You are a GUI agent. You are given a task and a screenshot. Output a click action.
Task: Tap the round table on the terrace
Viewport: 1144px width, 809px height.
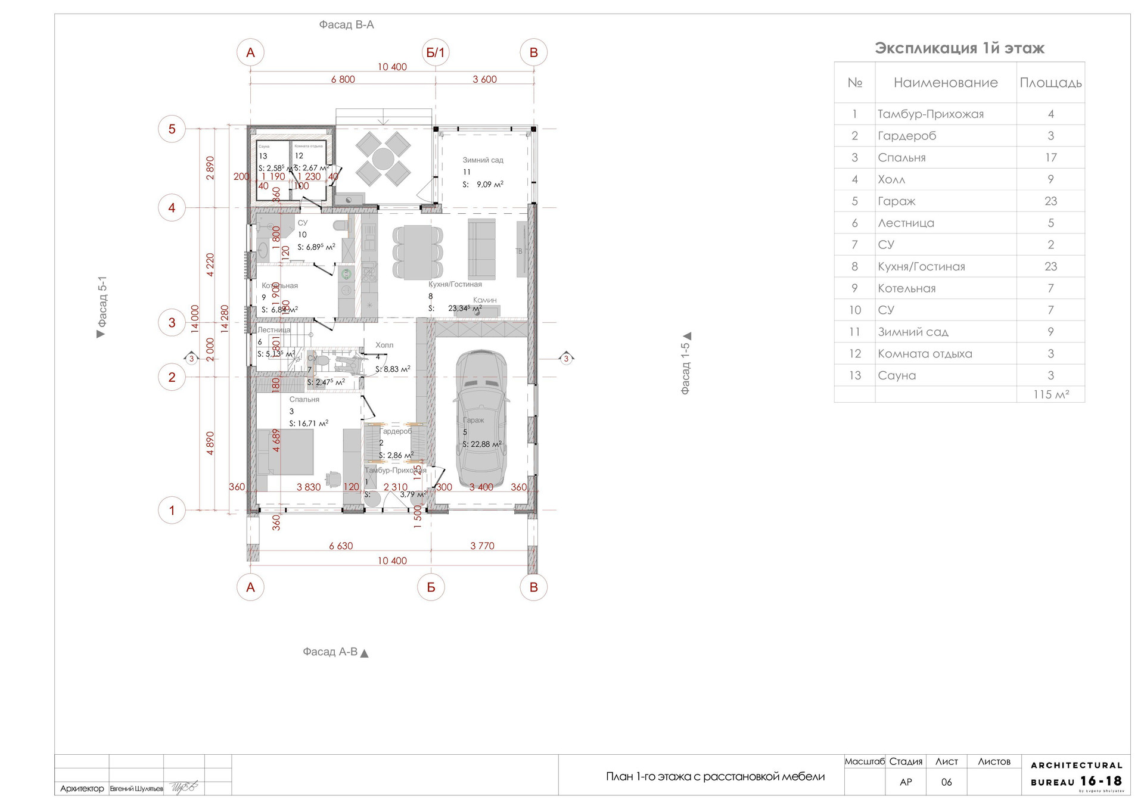coord(383,159)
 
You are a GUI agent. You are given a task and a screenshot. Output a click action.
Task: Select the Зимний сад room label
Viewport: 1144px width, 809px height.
coord(483,160)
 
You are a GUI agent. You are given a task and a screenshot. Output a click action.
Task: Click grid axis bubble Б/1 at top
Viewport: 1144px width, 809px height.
coord(436,52)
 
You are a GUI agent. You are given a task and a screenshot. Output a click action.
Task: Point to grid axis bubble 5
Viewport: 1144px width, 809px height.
coord(172,129)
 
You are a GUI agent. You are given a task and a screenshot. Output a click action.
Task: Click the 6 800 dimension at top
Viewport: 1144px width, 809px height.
coord(343,79)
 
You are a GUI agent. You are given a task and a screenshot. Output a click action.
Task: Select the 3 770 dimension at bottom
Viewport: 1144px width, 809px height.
coord(482,546)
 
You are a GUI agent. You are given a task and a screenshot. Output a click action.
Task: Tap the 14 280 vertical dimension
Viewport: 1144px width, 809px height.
coord(225,319)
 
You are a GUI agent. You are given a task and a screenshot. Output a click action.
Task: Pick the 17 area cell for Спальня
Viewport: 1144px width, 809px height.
coord(1050,158)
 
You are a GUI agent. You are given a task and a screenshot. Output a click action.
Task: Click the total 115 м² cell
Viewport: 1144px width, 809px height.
coord(1050,394)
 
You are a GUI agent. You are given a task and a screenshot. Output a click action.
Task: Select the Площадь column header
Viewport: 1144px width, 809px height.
coord(1050,83)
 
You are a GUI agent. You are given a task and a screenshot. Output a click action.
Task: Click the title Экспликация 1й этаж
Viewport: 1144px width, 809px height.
coord(959,48)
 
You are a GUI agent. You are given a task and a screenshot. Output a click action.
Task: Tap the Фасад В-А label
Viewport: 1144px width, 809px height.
coord(346,25)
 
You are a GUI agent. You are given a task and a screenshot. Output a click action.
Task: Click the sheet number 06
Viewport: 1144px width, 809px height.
coord(946,782)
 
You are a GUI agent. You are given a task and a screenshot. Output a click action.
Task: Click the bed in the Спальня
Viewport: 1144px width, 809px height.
coord(285,452)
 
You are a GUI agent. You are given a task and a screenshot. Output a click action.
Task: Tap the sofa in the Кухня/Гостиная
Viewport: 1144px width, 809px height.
coord(481,249)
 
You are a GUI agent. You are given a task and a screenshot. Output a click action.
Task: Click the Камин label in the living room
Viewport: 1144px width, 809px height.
coord(484,300)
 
